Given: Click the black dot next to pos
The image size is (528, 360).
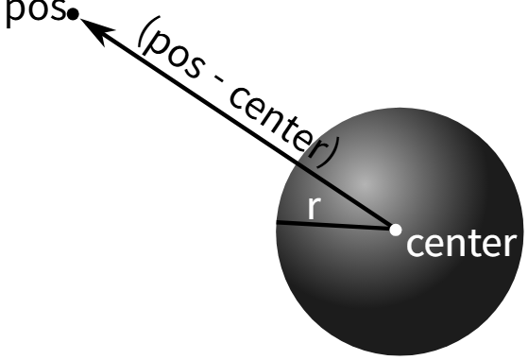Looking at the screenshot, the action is click(73, 14).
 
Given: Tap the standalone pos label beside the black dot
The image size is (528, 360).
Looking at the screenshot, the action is click(36, 13).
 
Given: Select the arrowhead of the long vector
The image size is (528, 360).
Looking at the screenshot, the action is click(96, 31).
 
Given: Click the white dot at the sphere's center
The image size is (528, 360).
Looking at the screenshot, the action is click(396, 230).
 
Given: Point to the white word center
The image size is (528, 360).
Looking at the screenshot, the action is click(461, 244).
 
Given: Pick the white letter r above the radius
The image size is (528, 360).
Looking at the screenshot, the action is click(315, 208).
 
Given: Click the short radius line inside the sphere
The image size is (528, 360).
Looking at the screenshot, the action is click(333, 226).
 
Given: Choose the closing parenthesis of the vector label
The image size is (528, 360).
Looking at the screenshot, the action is click(329, 153).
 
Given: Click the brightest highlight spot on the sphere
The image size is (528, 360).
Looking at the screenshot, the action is click(366, 183).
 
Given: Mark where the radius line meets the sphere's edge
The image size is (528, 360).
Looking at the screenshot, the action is click(277, 222).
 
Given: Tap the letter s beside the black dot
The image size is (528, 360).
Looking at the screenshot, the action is click(59, 10).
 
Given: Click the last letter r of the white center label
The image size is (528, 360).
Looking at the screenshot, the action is click(510, 246).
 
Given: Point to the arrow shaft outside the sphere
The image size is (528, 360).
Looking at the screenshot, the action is click(190, 93).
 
